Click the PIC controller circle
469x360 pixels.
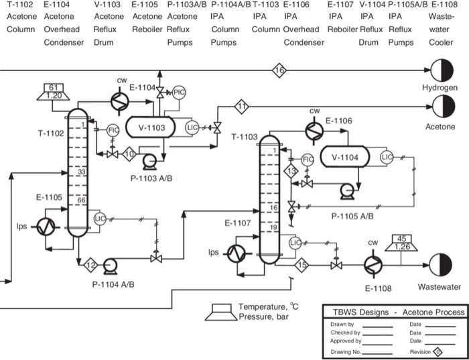(179, 93)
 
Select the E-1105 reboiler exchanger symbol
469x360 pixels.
(46, 227)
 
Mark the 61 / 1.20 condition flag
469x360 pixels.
(56, 92)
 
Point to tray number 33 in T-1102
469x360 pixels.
(81, 172)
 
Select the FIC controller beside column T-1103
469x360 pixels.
(308, 160)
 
